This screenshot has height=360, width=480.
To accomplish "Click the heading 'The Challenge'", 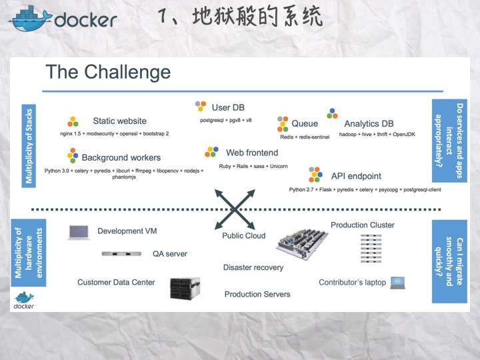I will point(108,72).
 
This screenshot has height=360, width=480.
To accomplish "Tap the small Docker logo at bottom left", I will point(24,301).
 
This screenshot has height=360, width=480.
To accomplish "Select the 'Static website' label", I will point(120,121).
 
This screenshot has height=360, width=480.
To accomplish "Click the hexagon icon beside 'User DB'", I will point(201,106).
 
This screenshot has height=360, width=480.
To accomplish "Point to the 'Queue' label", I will point(305,123).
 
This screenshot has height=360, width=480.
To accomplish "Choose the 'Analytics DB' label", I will point(369,123).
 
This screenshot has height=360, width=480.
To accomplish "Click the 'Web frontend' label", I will point(252,153).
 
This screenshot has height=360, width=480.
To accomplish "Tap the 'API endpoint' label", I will point(356,176).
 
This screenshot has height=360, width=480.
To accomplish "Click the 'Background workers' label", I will point(121,157).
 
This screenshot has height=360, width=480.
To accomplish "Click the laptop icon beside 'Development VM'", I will point(78,232).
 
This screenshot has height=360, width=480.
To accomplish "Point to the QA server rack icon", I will point(121,253).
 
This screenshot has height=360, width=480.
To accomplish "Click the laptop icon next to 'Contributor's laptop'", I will point(398,282).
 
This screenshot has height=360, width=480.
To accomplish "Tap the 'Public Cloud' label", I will point(243,235).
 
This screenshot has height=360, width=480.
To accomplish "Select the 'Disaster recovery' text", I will point(253,267).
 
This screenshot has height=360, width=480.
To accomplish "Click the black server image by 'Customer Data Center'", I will point(181,287).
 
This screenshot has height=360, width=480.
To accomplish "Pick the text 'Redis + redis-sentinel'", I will point(305,136).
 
